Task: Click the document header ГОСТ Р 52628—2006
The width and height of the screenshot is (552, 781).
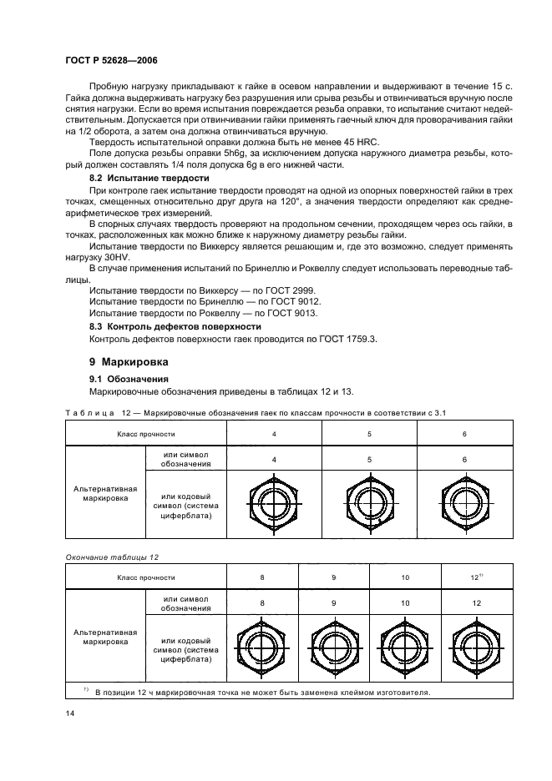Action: (111, 61)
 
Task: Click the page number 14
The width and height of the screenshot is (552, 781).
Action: (69, 714)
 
